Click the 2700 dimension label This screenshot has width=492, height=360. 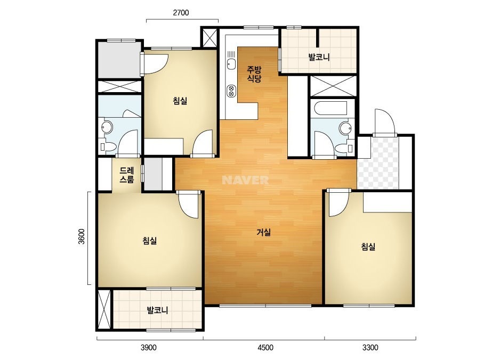coord(181,13)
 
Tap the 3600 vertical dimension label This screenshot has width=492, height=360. coord(81,236)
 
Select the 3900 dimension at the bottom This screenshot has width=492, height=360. coord(148,347)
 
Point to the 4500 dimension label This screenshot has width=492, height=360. coord(265,347)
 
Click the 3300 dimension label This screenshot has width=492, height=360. coord(370,347)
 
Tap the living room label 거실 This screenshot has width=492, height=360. coord(263,232)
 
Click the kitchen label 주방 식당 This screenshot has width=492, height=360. coord(254,74)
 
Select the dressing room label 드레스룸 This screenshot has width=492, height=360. coord(127,175)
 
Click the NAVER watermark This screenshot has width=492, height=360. coord(245,180)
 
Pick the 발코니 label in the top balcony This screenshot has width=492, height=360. coord(319,58)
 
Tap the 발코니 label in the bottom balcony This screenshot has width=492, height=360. coord(158,310)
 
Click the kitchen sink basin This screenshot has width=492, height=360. coord(231,64)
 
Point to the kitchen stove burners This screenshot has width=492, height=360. coord(231,91)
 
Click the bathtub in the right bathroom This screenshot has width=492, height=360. coord(330,108)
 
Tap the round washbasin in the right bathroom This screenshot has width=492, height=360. coord(345,128)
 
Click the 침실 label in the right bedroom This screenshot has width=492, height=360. coord(368,247)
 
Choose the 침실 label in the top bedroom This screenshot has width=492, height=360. coord(180,101)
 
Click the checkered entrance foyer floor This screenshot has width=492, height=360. coord(378,163)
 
